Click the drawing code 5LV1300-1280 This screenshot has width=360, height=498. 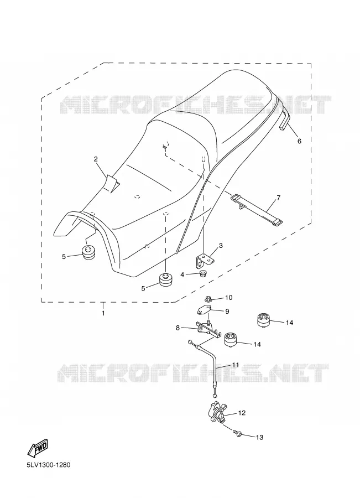point(49,465)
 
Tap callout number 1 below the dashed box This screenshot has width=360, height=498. point(103,313)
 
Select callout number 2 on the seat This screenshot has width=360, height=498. point(96,159)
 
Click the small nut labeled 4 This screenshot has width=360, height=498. point(202,273)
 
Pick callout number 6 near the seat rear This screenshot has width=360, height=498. point(299,141)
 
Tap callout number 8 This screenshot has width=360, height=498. point(178,328)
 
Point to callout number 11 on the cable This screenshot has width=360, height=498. point(235,365)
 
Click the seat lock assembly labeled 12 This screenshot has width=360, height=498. point(218,412)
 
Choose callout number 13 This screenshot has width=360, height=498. point(259,437)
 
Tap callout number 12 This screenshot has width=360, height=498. point(242,413)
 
